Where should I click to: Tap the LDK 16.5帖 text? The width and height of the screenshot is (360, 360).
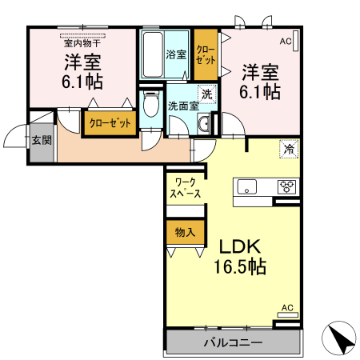[x=236, y=256]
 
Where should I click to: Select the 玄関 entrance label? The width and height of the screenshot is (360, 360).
[x=41, y=141]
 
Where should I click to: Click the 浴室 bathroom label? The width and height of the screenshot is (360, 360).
[x=176, y=54]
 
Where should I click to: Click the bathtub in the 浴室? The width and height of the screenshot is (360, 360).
[x=152, y=53]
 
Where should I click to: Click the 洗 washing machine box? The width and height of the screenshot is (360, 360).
[x=206, y=94]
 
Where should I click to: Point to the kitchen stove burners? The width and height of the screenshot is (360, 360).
[x=286, y=187]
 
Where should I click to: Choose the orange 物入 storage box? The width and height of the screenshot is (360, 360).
[x=184, y=233]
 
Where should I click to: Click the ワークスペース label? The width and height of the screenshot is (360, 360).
[x=184, y=189]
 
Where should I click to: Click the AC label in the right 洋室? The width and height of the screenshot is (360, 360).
[x=286, y=39]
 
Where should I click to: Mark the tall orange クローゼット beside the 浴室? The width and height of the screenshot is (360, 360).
[x=206, y=54]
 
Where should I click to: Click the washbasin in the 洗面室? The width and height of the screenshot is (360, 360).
[x=203, y=122]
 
